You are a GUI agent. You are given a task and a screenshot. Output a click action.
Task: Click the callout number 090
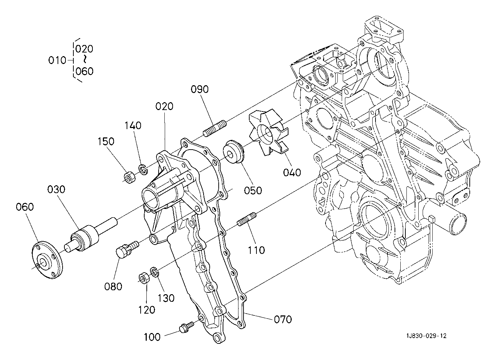pos(200,89)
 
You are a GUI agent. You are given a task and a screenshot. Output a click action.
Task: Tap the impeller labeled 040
pos(268,132)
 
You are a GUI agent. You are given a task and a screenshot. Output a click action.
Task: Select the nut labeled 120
pos(144,278)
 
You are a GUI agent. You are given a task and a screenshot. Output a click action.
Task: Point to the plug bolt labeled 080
pos(127,249)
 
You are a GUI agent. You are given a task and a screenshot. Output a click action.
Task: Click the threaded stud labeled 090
pos(215,129)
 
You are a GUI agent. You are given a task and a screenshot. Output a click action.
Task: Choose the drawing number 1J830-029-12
pos(426,336)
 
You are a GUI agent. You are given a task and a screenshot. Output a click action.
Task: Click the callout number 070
pos(283,319)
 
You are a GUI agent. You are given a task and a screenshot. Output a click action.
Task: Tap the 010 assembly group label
pos(57,60)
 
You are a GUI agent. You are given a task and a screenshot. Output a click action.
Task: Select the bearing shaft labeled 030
pos(91,235)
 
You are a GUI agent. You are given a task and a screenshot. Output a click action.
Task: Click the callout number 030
pos(56,189)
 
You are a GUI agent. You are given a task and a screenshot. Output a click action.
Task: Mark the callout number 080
pos(113,287)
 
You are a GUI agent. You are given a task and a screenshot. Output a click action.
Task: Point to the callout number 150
pos(106,141)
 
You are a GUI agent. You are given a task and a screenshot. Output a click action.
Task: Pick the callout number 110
pos(256,250)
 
